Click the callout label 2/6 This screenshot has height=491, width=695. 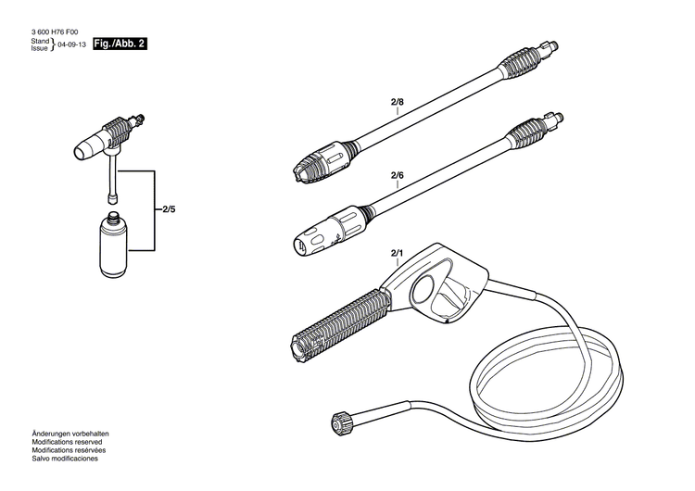coord(398,175)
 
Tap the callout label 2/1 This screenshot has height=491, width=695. coord(398,252)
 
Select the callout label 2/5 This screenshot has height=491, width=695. coord(168,210)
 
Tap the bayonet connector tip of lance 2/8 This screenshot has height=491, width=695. coord(553,45)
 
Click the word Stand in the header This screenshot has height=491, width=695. coord(40,42)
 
